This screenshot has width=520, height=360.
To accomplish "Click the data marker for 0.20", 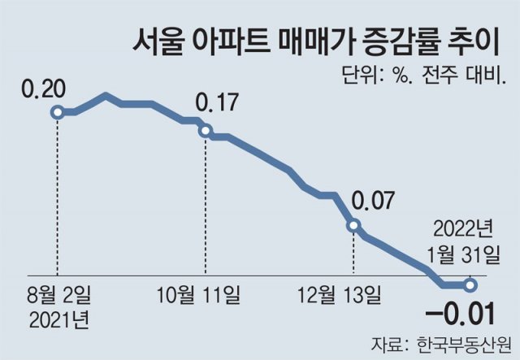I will pyautogui.click(x=57, y=111).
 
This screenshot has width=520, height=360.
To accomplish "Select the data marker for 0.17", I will pyautogui.click(x=206, y=131).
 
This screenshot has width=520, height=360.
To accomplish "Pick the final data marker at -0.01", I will pyautogui.click(x=471, y=284).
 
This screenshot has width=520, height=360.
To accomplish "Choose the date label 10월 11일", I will pyautogui.click(x=206, y=293).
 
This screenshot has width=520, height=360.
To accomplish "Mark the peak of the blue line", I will pyautogui.click(x=106, y=95).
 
